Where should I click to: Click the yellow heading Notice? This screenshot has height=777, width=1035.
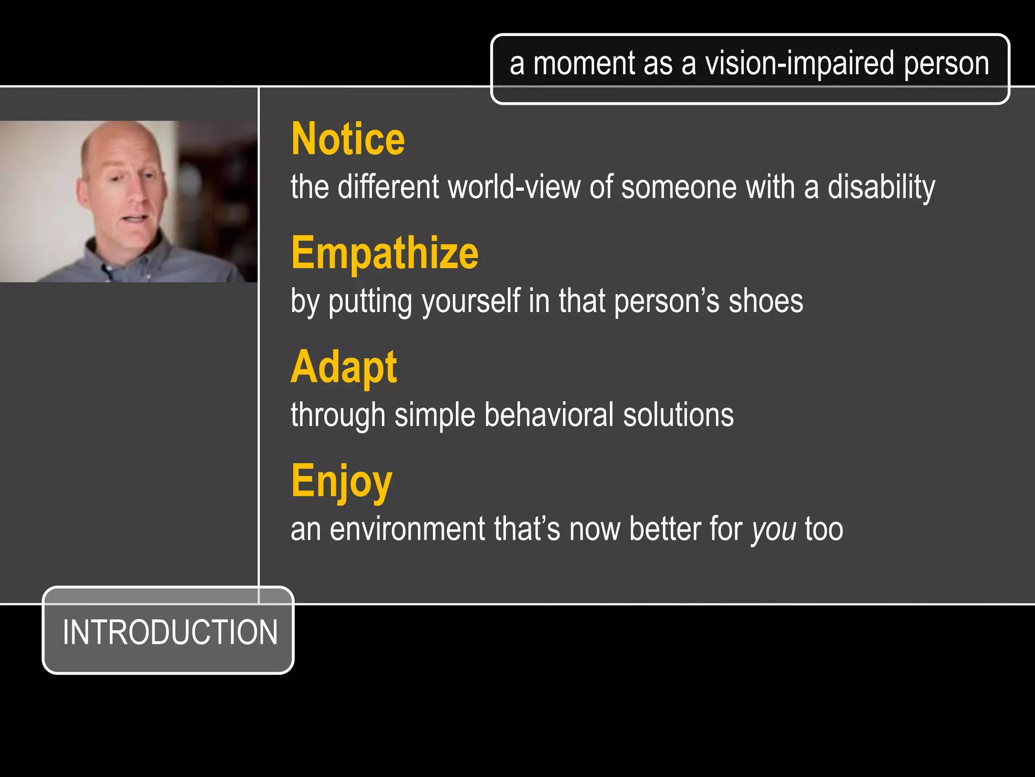[x=348, y=139]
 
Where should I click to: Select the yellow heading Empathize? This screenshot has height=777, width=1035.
[x=385, y=253]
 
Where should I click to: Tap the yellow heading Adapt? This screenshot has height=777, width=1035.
[x=344, y=367]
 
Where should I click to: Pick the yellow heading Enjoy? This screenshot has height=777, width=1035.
[x=342, y=481]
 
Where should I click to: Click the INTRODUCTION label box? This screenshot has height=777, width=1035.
[x=169, y=631]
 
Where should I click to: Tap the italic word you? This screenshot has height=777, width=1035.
[x=773, y=530]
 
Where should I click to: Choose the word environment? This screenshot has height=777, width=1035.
[x=407, y=529]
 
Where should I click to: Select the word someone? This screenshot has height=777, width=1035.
[x=679, y=187]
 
